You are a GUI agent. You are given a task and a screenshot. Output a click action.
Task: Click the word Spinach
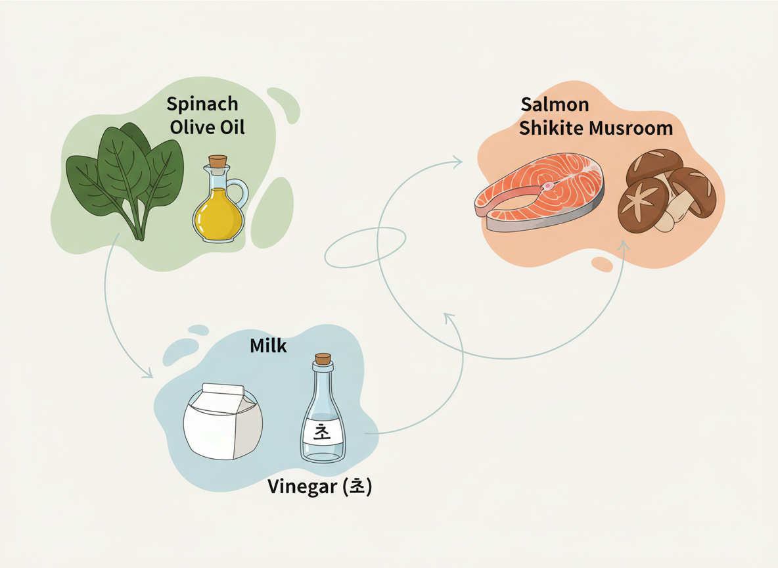[x=202, y=105]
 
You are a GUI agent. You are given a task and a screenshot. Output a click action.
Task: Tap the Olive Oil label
[x=207, y=127]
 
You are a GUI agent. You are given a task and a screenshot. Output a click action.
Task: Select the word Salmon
[x=555, y=105]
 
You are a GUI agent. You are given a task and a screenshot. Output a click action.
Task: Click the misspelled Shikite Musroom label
[x=596, y=128]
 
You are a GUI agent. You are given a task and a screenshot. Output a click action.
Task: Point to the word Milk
[x=268, y=346]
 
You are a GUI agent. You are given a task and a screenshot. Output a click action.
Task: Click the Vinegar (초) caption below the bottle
[x=319, y=487]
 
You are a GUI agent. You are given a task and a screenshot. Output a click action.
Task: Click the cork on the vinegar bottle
[x=323, y=359]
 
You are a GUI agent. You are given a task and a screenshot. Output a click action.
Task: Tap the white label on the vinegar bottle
[x=322, y=433]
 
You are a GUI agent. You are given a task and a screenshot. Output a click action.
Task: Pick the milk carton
[x=221, y=421]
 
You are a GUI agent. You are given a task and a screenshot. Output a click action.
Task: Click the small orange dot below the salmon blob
[x=601, y=264]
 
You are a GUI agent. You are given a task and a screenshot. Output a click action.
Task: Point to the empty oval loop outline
[x=365, y=247]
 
